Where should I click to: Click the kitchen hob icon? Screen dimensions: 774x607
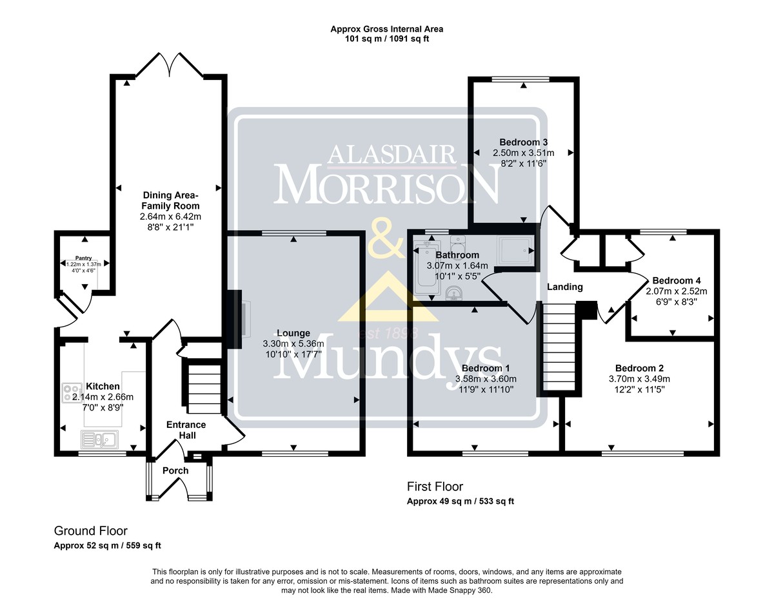67,393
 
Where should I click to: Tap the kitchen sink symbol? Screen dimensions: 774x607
100,439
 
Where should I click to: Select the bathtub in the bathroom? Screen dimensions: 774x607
428,267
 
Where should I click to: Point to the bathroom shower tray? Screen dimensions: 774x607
515,251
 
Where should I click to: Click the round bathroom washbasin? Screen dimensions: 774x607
454,294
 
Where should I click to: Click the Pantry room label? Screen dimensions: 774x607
84,258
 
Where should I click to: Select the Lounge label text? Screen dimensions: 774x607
293,333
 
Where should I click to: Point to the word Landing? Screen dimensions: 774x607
565,287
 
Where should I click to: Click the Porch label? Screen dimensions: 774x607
175,470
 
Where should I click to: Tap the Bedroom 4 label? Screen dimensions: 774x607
677,280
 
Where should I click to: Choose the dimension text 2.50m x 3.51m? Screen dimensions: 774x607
523,153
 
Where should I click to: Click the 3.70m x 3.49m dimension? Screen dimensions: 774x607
639,379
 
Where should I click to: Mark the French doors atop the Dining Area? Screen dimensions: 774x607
170,64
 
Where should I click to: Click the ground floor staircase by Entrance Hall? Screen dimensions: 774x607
203,389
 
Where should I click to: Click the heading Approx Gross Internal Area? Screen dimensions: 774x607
387,29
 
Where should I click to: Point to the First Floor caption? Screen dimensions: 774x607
435,487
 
